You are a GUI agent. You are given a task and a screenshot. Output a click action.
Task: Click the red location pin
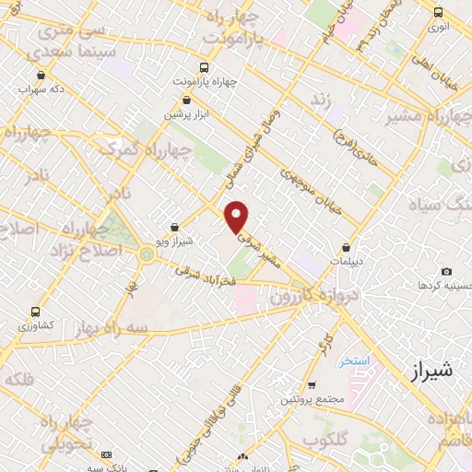coord(237,216)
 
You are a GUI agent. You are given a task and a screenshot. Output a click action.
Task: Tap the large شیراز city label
coord(431,371)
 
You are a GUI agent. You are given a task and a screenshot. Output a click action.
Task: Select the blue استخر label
coord(353,360)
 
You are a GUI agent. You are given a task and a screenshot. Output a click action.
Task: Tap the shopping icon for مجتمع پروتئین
coord(313,383)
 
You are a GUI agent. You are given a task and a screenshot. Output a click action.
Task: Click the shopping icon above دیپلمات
coord(347,247)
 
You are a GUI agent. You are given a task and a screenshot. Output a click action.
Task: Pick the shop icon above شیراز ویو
coord(175,227)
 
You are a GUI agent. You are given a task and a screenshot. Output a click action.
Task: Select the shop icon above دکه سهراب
coord(41,76)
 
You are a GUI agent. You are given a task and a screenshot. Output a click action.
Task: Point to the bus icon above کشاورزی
coord(35,312)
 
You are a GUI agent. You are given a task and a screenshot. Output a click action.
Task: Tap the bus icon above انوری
coord(438,13)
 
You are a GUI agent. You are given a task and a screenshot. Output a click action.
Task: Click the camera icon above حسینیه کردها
coord(446,272)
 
